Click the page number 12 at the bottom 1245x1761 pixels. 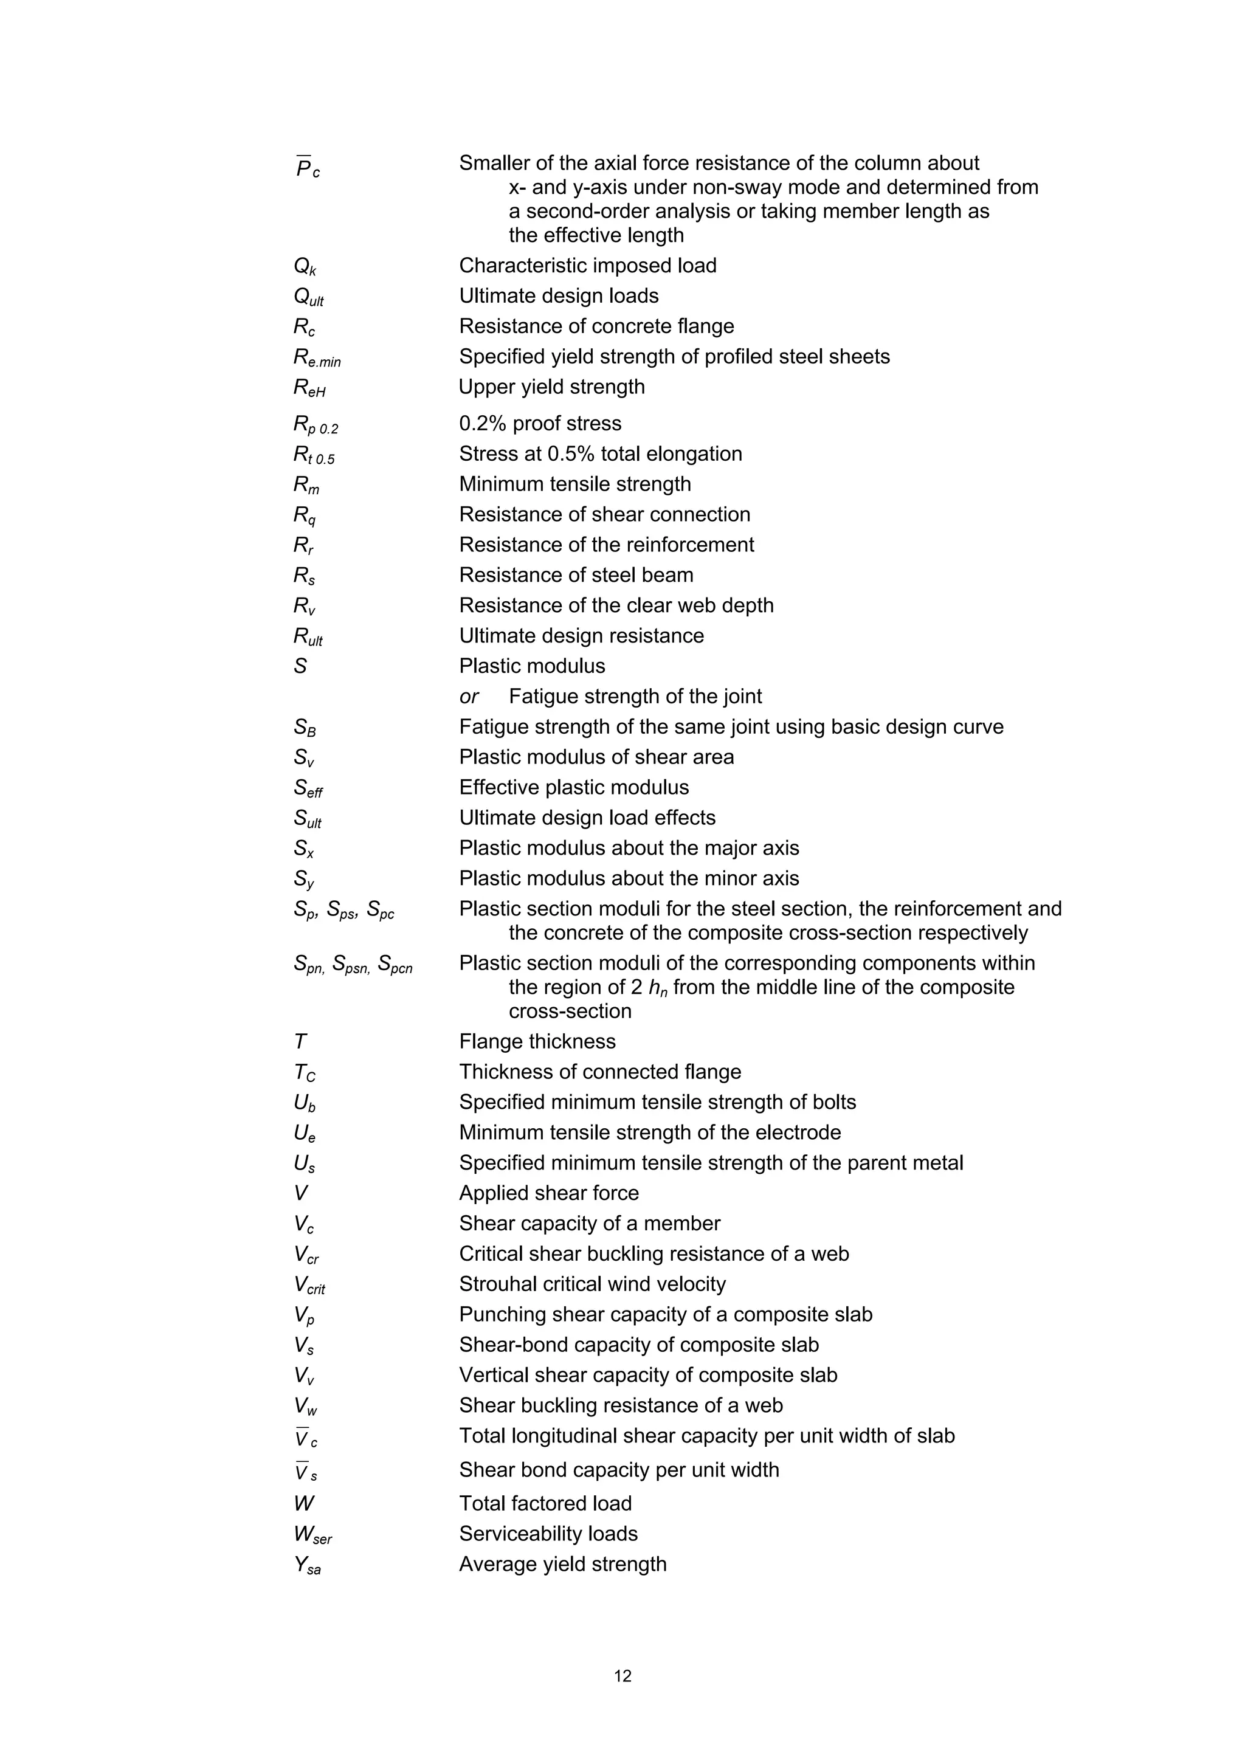[622, 1675]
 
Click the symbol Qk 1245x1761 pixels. [305, 267]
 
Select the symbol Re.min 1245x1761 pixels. [317, 357]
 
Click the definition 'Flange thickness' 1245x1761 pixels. [537, 1041]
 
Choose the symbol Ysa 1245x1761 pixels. [307, 1565]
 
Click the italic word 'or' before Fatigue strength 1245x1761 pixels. [469, 697]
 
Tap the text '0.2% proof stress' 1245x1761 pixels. [540, 423]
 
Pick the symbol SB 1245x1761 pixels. [305, 728]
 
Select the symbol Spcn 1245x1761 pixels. [395, 965]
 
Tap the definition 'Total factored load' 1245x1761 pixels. [545, 1503]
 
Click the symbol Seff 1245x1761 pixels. [308, 788]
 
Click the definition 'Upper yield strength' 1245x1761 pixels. [551, 387]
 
